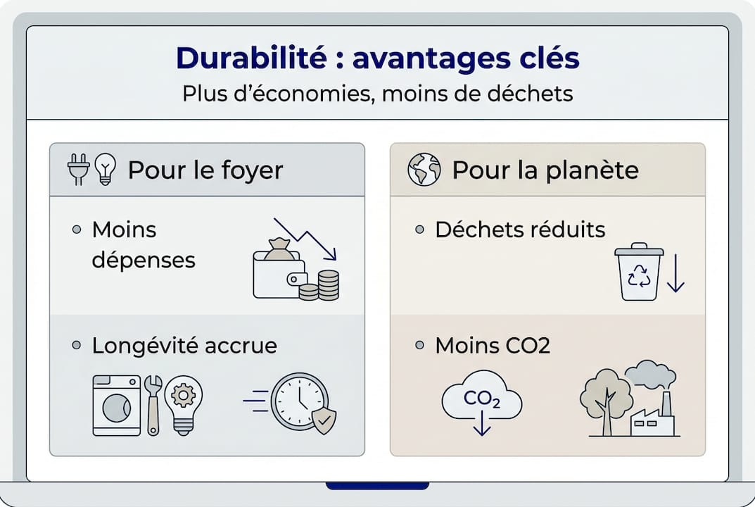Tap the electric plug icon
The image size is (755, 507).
[x=77, y=169]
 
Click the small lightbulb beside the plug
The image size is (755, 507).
[x=105, y=169]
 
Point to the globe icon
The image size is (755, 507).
[x=424, y=170]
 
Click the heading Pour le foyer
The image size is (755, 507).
[x=205, y=170]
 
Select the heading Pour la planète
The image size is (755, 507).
[x=545, y=170]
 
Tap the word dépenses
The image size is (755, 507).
[x=144, y=260]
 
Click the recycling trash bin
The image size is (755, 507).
[x=638, y=272]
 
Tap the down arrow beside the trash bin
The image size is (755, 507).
[x=675, y=275]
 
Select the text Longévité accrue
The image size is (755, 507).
[x=184, y=346]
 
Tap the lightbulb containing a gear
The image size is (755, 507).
[x=184, y=401]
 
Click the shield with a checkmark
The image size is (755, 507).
[x=324, y=421]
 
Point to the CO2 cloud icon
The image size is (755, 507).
[x=482, y=400]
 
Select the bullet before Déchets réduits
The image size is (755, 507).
[x=420, y=230]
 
